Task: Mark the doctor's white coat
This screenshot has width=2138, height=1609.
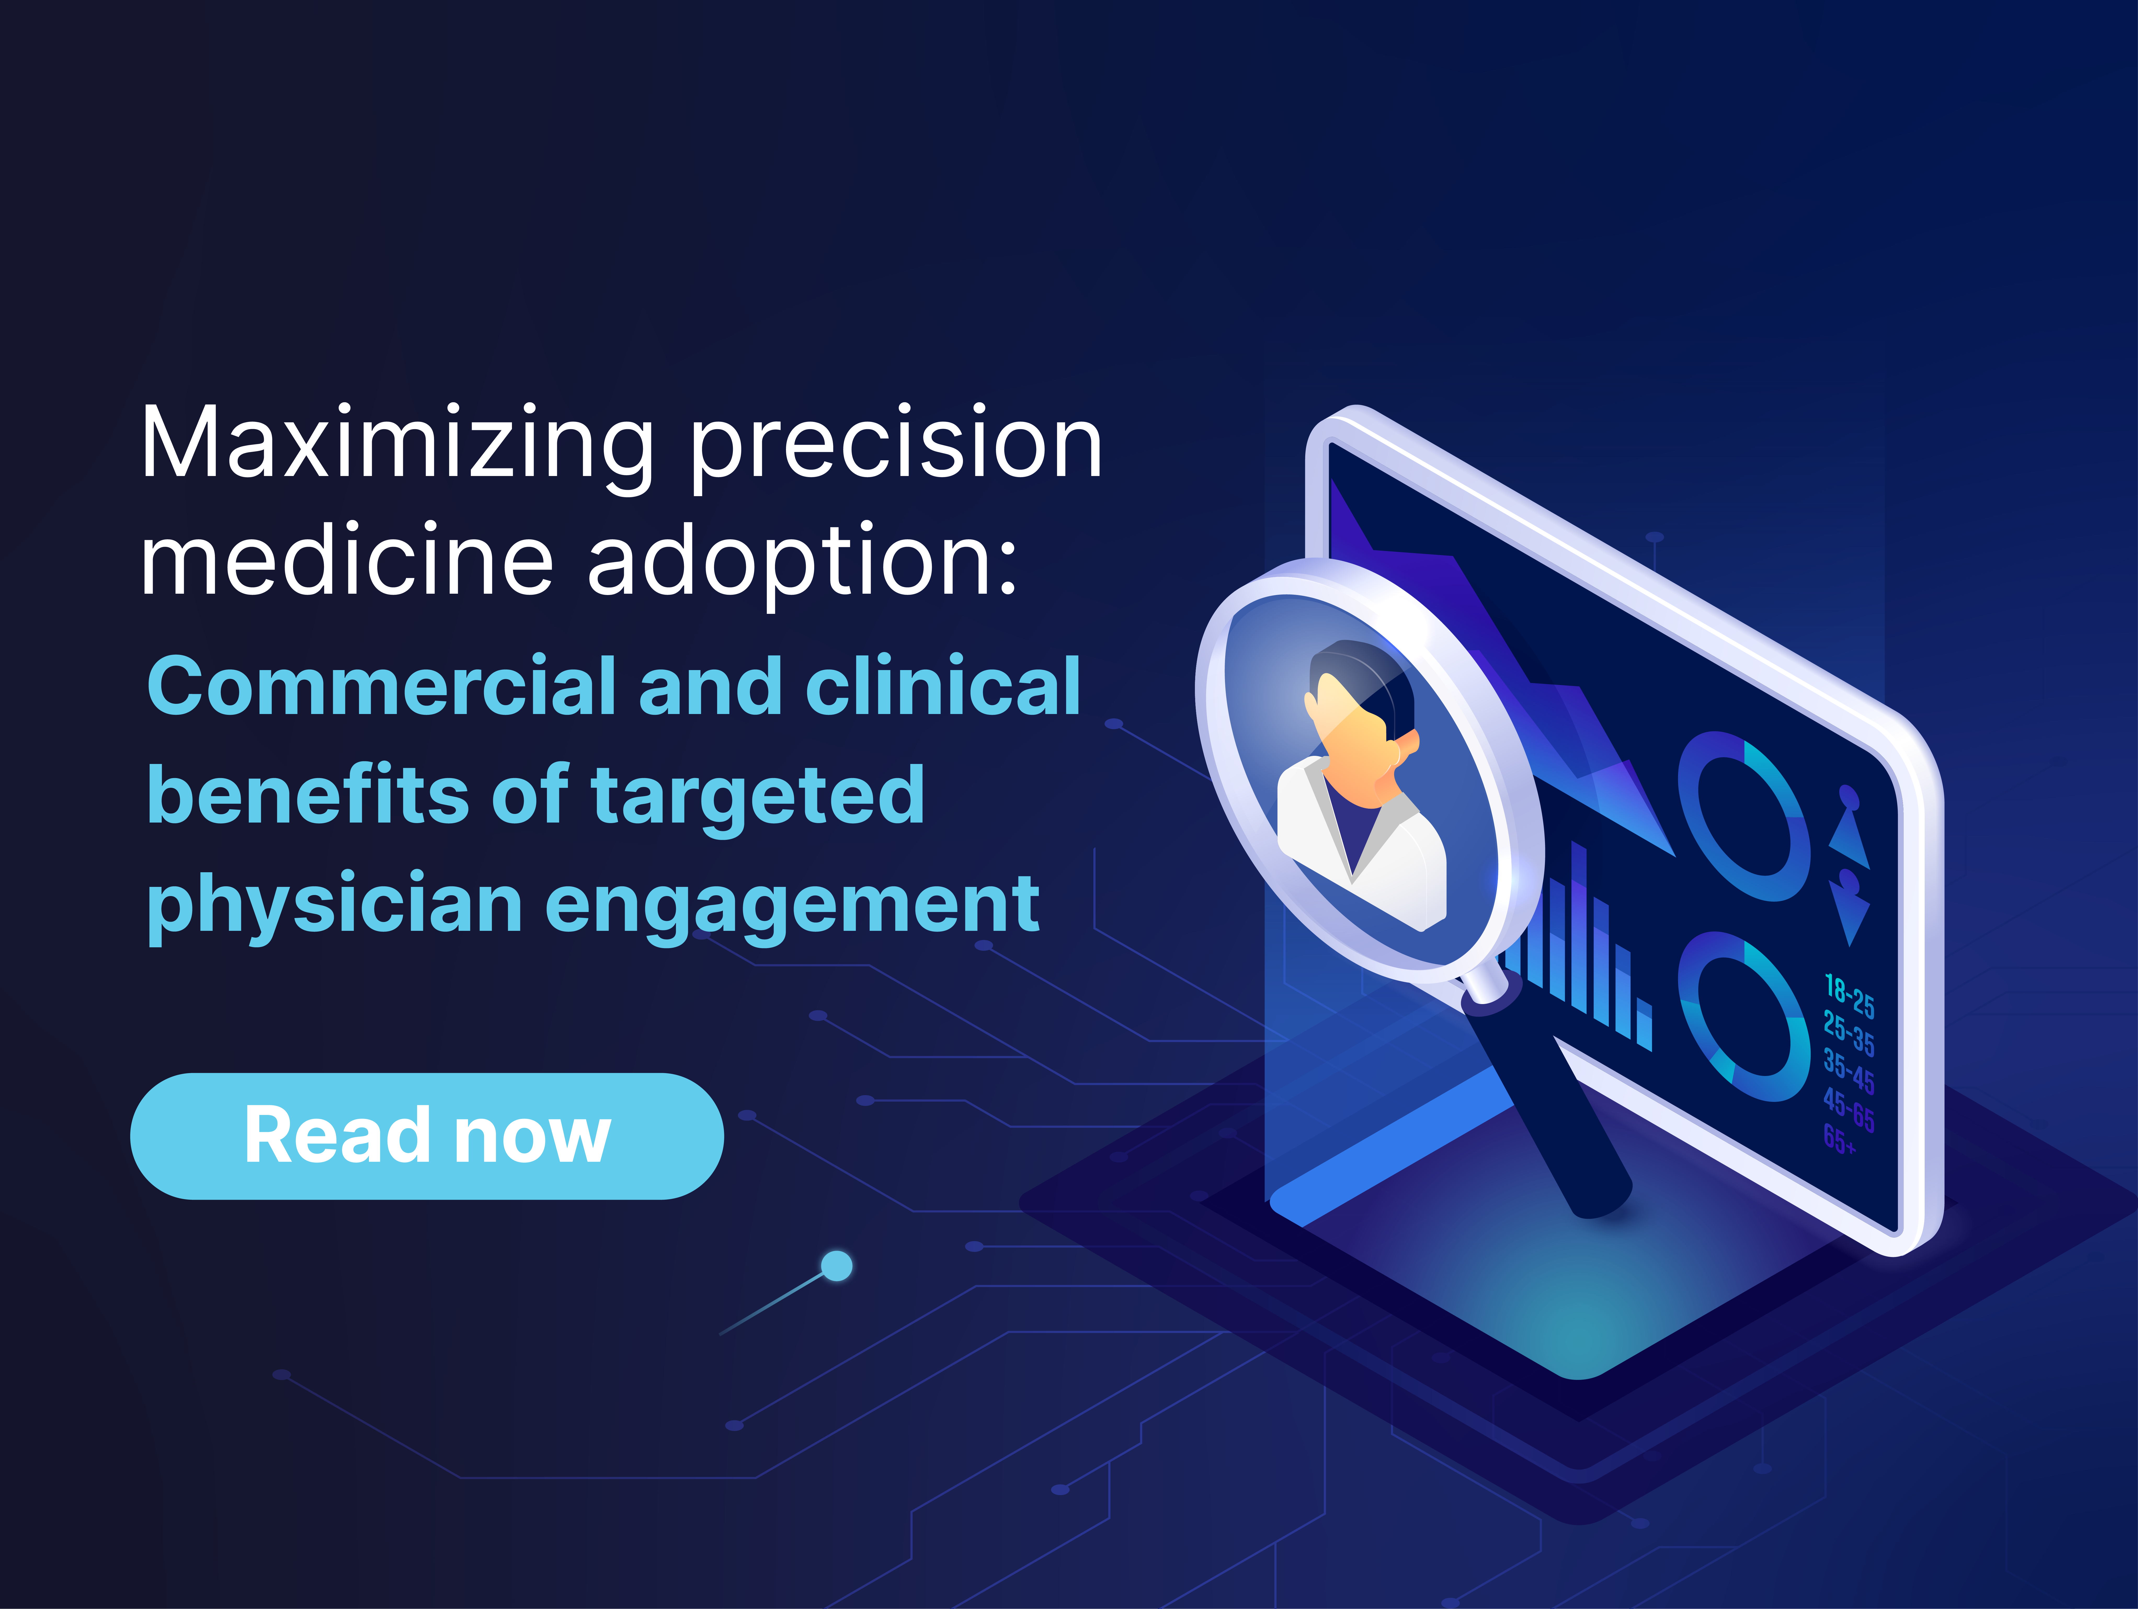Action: (1392, 860)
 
